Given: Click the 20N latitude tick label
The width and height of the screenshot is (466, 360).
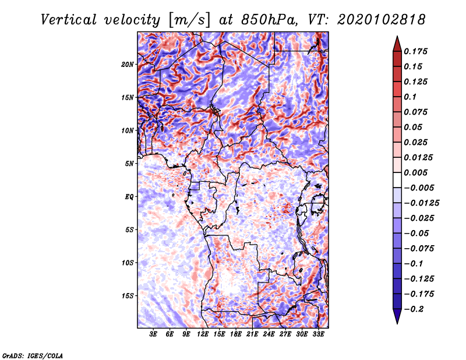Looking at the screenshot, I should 128,64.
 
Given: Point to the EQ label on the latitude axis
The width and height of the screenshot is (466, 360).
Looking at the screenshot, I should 129,196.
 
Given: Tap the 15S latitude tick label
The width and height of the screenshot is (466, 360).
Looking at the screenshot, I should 128,295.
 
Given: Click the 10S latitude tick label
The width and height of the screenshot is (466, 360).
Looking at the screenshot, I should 128,263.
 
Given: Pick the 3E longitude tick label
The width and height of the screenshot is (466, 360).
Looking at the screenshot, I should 154,335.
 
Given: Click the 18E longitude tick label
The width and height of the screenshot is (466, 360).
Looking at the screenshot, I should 236,335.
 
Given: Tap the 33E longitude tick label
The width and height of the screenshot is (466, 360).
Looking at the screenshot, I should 318,335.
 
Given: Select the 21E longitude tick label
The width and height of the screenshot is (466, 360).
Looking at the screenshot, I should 252,335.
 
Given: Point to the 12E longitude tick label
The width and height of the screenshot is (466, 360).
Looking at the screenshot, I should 203,335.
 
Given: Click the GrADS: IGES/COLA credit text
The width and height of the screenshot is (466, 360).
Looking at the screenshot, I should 33,355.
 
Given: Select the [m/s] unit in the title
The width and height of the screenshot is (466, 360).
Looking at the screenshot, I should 189,20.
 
